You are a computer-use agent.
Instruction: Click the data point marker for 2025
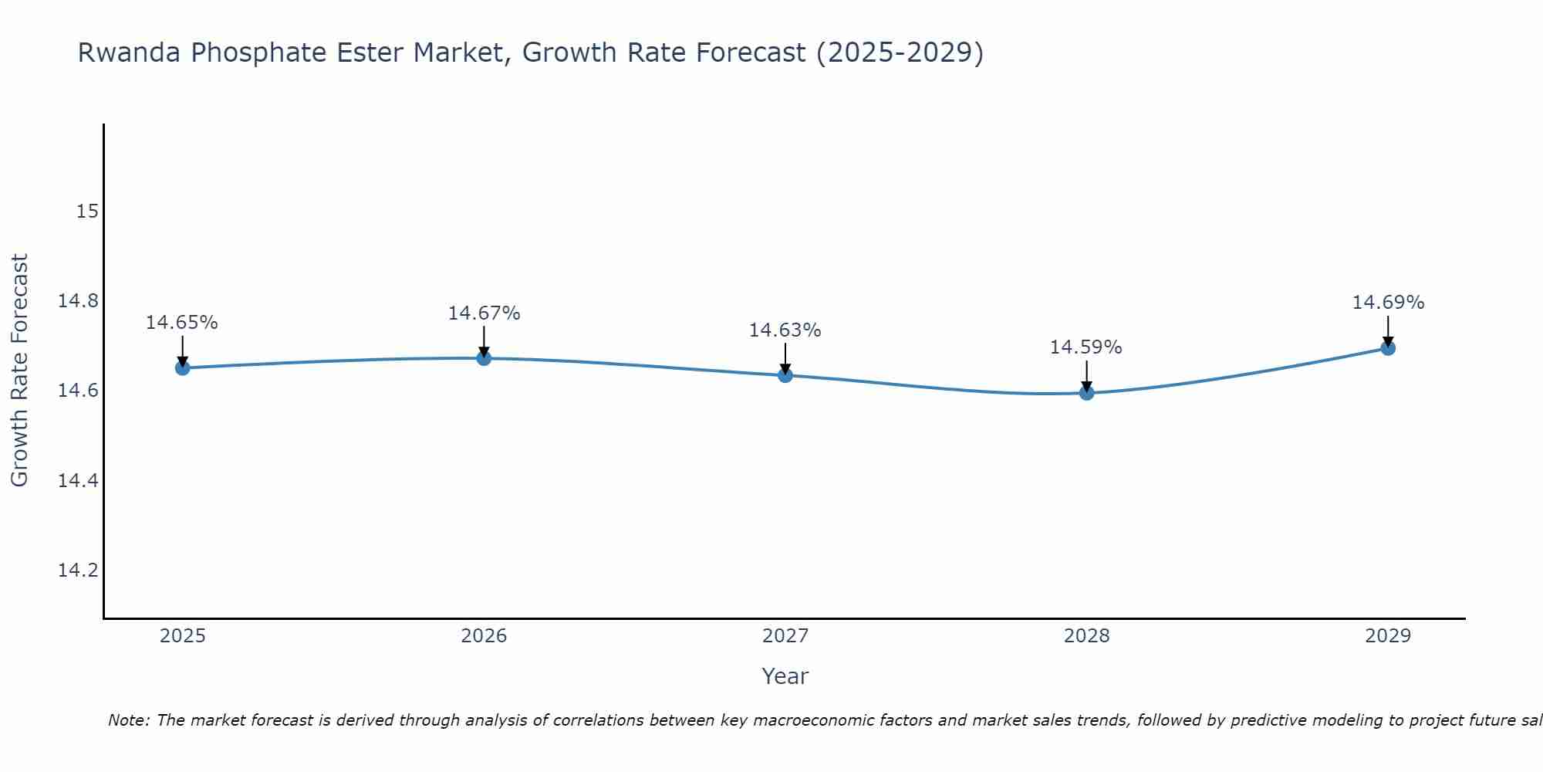point(182,368)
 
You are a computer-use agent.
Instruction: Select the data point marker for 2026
point(484,358)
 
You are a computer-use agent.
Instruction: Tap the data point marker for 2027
point(785,375)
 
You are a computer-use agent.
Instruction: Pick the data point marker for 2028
point(1086,393)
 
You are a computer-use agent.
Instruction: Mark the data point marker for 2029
point(1388,348)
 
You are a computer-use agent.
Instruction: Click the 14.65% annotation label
point(182,323)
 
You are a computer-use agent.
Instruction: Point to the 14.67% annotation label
point(484,313)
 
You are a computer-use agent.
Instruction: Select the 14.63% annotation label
point(785,330)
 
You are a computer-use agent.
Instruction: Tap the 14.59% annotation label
point(1086,347)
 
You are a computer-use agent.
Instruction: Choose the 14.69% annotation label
point(1388,303)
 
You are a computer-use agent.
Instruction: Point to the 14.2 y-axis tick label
point(79,571)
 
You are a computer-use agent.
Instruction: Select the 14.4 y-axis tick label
point(79,481)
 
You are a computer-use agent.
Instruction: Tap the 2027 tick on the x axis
point(785,636)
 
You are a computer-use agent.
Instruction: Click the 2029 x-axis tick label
point(1388,636)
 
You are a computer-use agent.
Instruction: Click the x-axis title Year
point(785,676)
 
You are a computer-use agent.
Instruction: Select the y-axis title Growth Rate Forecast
point(19,371)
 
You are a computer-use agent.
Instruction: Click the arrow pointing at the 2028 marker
point(1086,377)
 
